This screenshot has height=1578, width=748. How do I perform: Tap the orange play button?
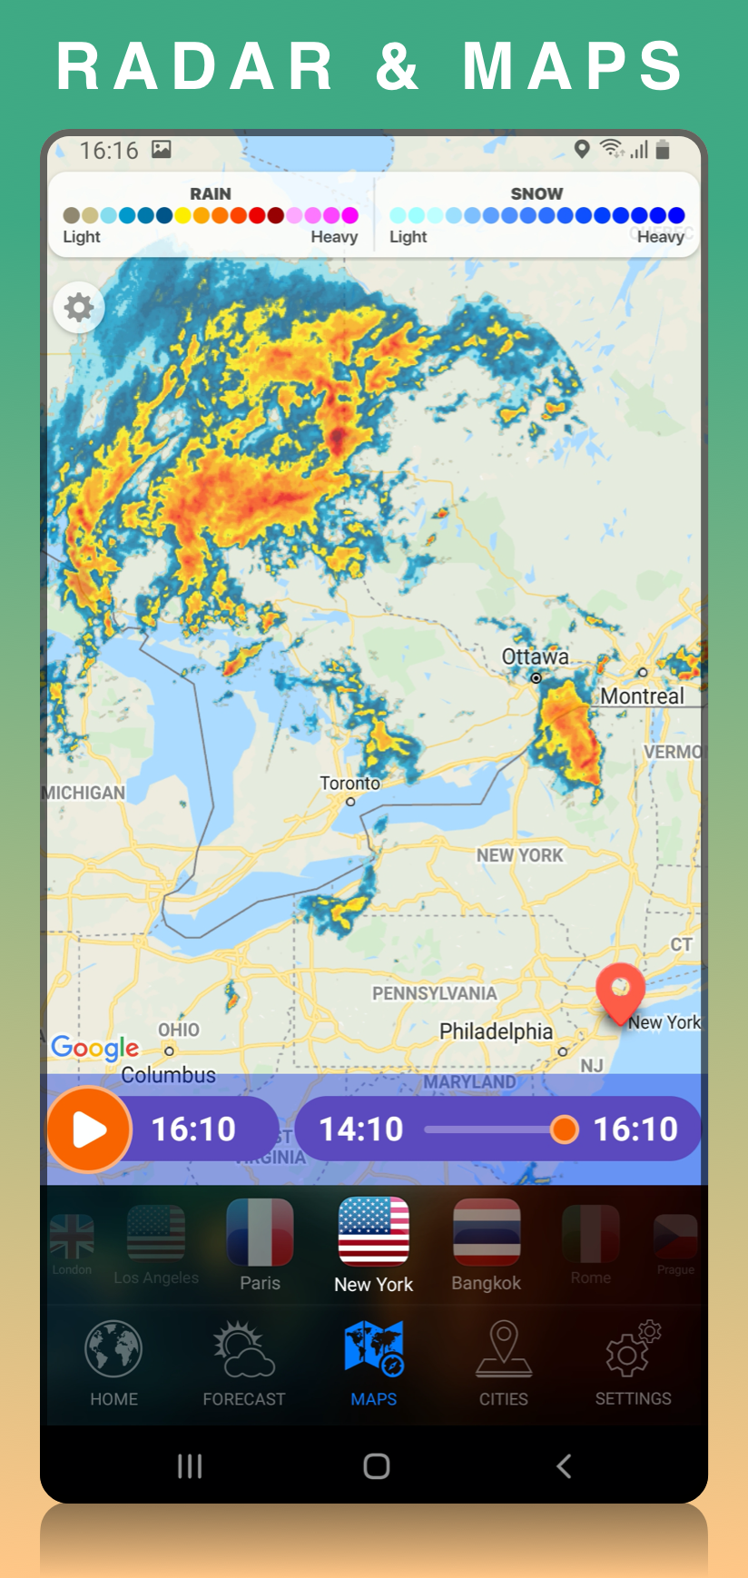89,1129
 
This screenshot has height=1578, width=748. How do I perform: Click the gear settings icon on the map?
79,308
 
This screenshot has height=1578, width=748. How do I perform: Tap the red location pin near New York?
620,991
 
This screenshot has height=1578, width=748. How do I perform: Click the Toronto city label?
349,783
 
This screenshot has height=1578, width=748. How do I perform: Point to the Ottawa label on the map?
536,656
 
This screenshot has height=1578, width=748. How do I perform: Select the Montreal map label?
642,696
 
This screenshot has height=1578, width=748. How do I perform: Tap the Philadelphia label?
496,1031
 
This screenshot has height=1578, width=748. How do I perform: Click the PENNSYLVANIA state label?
434,993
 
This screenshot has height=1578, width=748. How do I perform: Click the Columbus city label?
169,1075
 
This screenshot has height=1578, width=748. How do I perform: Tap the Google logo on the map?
95,1048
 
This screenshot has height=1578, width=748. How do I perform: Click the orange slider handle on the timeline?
564,1129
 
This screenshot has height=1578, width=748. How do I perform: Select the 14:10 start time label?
361,1129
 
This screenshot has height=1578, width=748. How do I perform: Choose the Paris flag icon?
260,1233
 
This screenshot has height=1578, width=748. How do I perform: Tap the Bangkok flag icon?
487,1233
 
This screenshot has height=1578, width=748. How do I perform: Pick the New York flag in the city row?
373,1231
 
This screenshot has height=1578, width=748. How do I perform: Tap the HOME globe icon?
113,1349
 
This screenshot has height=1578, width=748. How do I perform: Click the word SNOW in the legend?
536,193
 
